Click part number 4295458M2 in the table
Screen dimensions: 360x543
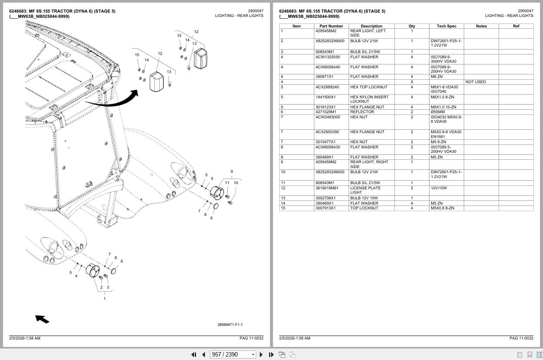pyautogui.click(x=326, y=31)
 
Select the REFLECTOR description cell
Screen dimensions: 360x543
pyautogui.click(x=362, y=112)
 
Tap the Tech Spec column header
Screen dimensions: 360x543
pyautogui.click(x=446, y=26)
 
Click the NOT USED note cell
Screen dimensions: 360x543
pyautogui.click(x=476, y=82)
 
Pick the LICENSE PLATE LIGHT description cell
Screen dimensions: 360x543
pyautogui.click(x=365, y=190)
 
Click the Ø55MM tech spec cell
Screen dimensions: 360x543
pyautogui.click(x=438, y=112)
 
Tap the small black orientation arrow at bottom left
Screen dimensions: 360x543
pyautogui.click(x=42, y=319)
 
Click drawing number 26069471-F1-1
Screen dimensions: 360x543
pyautogui.click(x=230, y=325)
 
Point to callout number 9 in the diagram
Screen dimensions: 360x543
pyautogui.click(x=232, y=172)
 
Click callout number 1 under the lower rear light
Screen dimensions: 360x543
pyautogui.click(x=105, y=299)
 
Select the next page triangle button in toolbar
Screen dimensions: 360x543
pyautogui.click(x=261, y=355)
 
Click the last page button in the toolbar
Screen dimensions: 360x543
pyautogui.click(x=271, y=355)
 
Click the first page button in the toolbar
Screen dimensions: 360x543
pyautogui.click(x=193, y=355)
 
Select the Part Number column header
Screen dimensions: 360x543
pyautogui.click(x=331, y=26)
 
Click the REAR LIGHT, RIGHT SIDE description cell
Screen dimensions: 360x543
pyautogui.click(x=369, y=164)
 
